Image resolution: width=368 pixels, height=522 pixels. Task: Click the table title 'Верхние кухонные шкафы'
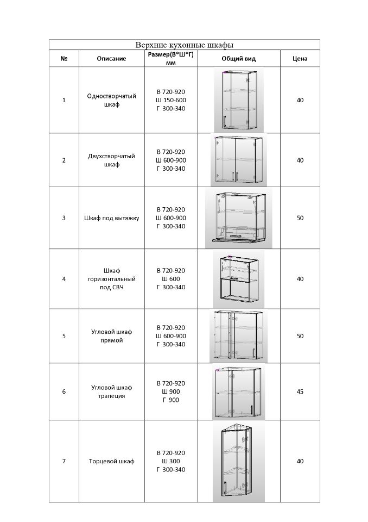184,45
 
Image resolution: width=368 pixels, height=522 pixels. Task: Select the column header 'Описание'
111,59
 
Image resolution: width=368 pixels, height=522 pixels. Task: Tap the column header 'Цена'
300,59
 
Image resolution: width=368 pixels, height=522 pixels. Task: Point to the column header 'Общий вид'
238,59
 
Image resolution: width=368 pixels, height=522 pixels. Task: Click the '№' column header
64,59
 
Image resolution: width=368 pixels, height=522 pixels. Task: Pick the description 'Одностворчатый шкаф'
111,100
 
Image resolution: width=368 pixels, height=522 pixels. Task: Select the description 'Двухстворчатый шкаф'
111,160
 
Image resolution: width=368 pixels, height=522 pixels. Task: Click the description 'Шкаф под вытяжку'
111,218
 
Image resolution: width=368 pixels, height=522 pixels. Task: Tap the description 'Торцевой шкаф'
111,461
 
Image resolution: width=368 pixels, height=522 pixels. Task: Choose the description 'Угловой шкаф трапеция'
111,391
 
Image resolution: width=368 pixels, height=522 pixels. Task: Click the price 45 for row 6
300,391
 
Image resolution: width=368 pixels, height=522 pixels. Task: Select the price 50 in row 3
300,218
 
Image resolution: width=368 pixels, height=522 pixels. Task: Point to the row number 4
64,279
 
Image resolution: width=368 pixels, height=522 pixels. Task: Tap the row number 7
64,461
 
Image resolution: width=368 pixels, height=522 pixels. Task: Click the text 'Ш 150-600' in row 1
171,100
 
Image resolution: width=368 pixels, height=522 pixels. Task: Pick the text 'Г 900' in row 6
171,400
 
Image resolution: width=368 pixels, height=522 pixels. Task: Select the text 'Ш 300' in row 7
171,461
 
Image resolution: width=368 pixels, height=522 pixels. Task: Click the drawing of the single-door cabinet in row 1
238,100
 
